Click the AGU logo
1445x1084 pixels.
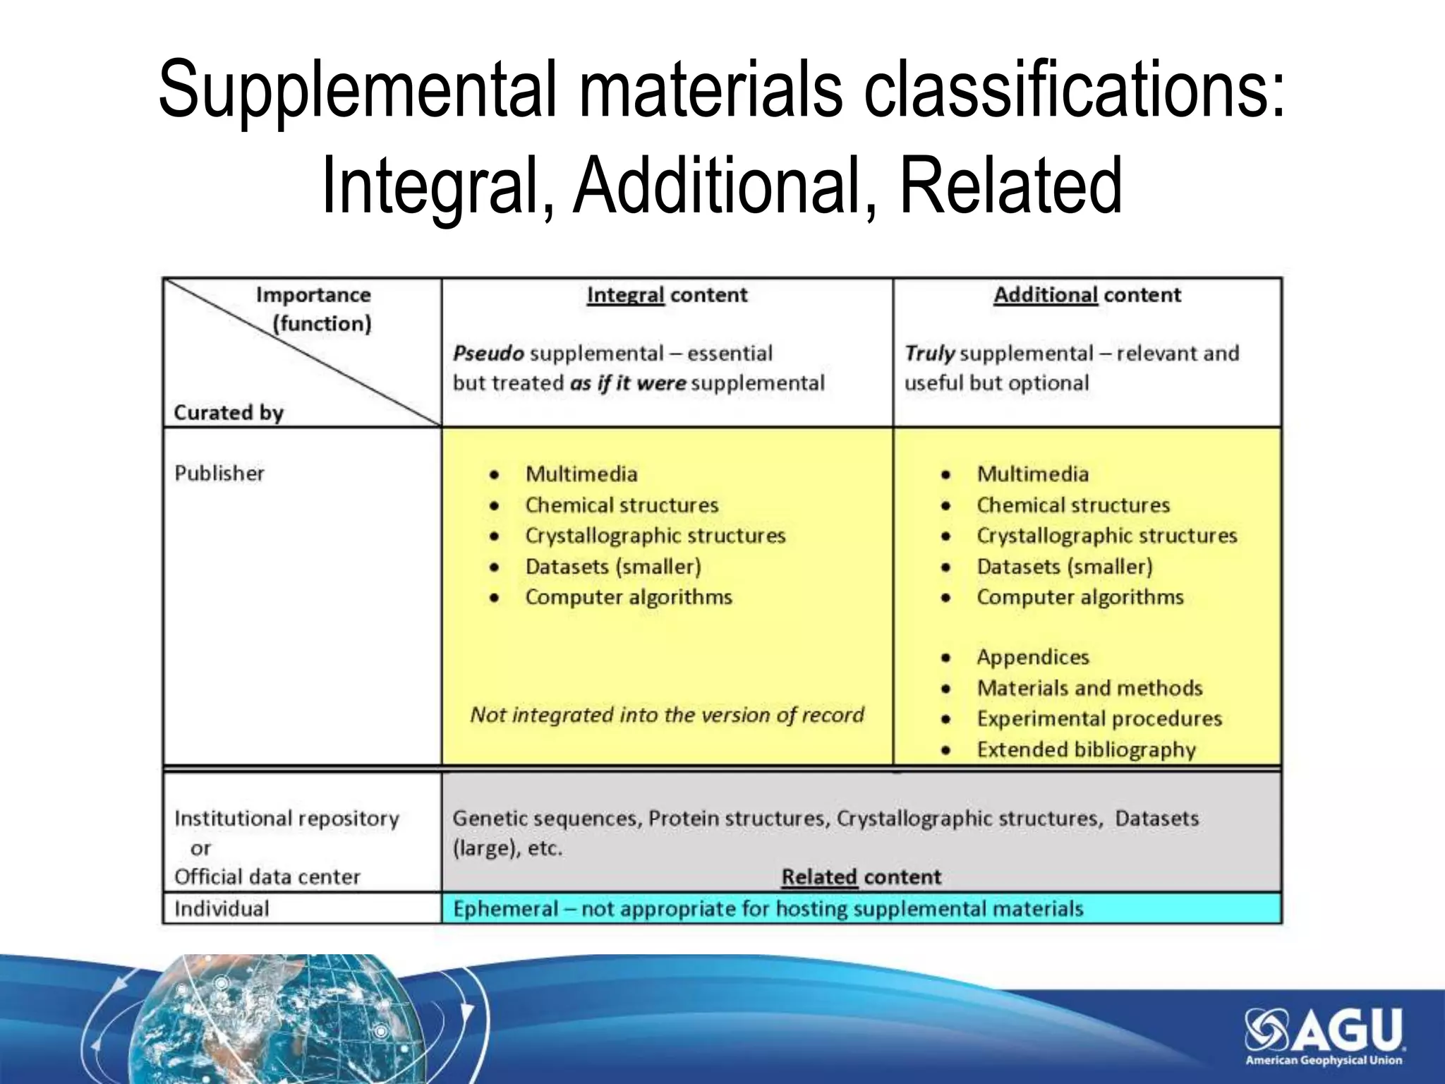1324,1035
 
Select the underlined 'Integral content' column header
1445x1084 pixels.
667,295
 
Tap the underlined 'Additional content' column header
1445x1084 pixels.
1087,295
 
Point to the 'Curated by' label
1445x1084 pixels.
229,412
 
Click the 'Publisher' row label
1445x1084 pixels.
219,473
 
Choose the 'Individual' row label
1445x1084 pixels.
222,908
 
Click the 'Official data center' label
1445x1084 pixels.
267,877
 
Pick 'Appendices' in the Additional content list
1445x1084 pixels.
1033,657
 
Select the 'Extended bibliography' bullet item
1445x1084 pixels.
1086,749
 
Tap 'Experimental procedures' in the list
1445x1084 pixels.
1099,718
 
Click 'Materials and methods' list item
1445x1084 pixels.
1089,688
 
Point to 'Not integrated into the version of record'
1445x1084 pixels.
667,715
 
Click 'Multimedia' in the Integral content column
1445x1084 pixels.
581,474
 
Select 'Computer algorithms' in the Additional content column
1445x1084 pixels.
1080,597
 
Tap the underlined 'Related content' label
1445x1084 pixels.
861,877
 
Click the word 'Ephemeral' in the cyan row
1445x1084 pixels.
505,908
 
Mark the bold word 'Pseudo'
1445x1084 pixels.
488,353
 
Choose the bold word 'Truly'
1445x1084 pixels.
930,353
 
